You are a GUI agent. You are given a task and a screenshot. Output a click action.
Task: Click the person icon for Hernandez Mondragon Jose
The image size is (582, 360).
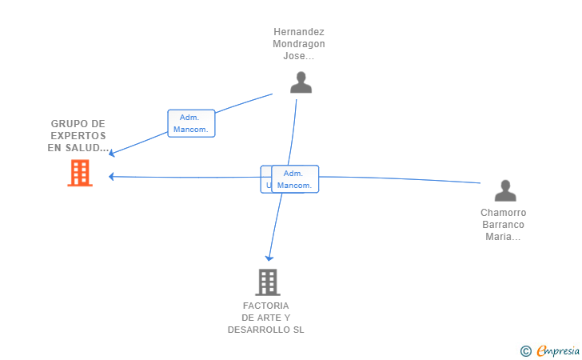pos(301,82)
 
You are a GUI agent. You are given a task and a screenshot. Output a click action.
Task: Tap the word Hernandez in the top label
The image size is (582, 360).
pos(299,32)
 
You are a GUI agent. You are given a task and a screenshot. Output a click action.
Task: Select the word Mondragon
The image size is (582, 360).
pos(299,44)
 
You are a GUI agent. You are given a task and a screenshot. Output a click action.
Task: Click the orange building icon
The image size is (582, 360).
pos(79,173)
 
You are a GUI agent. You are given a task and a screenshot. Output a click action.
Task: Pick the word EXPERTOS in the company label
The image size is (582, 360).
pos(78,136)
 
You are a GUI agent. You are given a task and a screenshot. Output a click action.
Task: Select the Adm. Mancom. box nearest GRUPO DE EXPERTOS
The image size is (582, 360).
pos(191,123)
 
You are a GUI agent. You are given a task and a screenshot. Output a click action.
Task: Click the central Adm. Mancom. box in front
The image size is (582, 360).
pos(294,179)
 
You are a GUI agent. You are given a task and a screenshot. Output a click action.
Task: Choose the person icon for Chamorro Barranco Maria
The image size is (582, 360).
pos(505,190)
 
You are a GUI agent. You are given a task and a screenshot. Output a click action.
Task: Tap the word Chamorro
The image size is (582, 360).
pos(504,213)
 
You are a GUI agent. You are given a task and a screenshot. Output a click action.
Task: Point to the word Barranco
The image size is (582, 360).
pos(504,225)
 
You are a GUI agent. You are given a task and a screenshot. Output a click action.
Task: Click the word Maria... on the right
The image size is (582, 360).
pos(504,237)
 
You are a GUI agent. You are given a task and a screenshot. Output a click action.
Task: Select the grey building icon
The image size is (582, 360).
pos(267,282)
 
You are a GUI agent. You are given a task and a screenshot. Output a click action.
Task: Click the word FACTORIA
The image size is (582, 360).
pos(266,306)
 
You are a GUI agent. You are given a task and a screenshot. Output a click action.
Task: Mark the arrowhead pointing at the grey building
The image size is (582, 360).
pos(270,258)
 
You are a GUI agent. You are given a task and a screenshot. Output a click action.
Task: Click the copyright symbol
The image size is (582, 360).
pos(525,350)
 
